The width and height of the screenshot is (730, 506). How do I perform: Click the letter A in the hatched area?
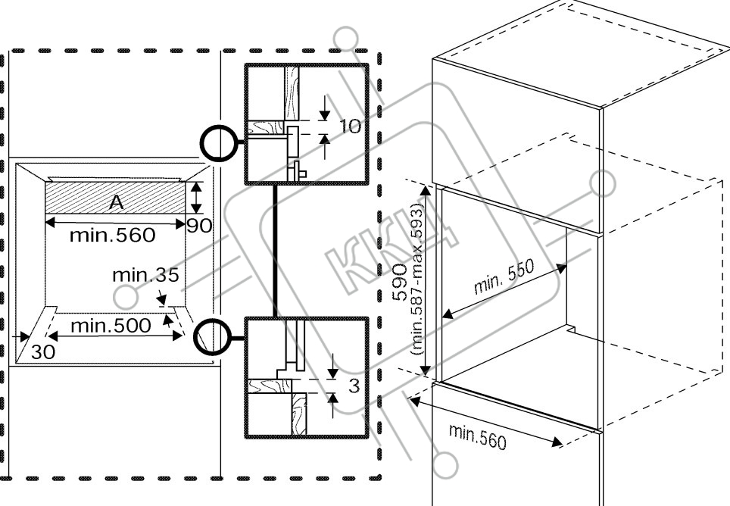pos(117,202)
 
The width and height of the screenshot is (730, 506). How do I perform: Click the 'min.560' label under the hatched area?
pos(112,235)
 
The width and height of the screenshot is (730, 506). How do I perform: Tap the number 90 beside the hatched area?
pos(199,226)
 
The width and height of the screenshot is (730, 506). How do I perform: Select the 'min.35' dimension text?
pos(145,276)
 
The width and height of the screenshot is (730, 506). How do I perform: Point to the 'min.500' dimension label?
pos(111,326)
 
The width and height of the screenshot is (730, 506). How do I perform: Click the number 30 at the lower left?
pos(43,352)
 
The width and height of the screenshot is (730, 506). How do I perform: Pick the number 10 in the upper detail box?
pos(350,126)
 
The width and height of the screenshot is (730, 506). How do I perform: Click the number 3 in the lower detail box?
pos(354,386)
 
